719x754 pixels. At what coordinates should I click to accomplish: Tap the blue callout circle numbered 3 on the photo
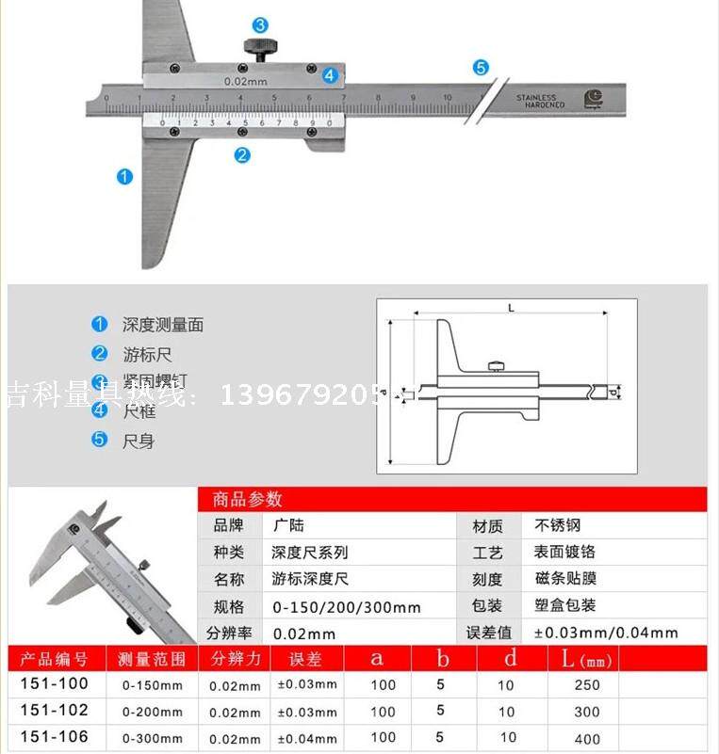[259, 25]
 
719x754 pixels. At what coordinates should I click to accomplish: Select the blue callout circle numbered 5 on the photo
[481, 67]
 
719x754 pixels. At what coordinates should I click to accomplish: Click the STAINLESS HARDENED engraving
[537, 101]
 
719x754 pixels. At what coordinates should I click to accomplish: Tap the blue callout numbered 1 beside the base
[124, 176]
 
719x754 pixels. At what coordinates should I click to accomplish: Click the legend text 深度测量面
[162, 325]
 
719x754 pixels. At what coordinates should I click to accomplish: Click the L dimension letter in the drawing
[510, 307]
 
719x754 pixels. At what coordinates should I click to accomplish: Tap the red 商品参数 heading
[248, 500]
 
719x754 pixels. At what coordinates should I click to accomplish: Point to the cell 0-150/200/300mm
[346, 607]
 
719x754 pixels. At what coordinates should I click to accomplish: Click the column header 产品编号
[54, 658]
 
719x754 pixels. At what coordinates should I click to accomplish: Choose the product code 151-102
[54, 711]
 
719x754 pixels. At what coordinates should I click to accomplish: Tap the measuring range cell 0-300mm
[153, 738]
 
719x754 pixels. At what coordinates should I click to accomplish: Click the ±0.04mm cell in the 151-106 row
[306, 738]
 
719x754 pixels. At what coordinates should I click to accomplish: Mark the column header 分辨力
[236, 658]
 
